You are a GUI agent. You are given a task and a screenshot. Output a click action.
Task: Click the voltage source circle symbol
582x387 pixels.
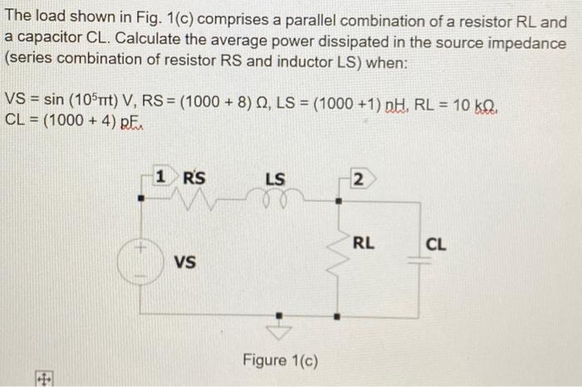[140, 260]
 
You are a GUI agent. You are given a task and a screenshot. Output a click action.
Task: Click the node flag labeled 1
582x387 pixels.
[164, 176]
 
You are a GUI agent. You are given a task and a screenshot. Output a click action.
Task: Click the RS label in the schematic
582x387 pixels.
[195, 176]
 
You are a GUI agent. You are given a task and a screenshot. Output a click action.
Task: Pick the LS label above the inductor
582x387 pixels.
[275, 178]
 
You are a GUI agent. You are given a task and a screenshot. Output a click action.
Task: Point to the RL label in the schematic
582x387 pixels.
[363, 243]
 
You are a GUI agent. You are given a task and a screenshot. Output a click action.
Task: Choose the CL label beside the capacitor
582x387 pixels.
[436, 245]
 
